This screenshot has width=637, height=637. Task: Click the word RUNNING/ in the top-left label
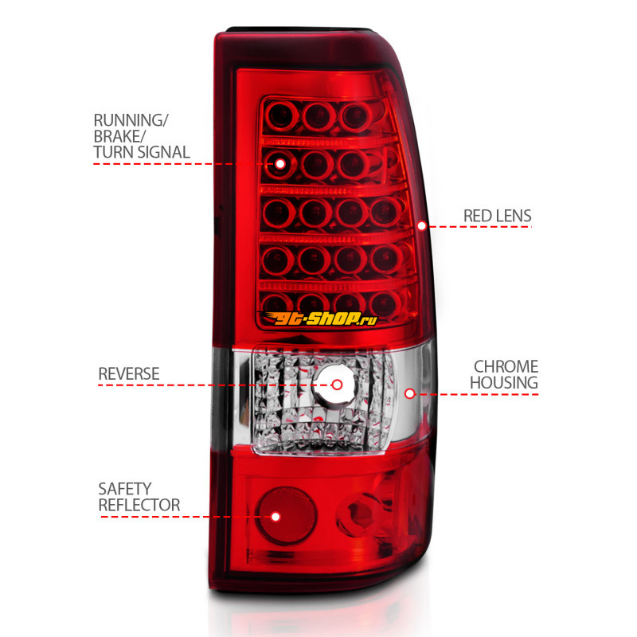click(x=131, y=121)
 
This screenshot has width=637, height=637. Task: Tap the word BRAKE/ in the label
click(x=119, y=136)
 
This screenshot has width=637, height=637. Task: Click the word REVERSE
click(x=129, y=373)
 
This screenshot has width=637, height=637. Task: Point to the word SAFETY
click(x=125, y=489)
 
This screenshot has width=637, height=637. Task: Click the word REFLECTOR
click(x=139, y=505)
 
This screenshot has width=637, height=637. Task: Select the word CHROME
click(x=506, y=366)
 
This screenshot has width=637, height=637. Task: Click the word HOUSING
click(x=504, y=383)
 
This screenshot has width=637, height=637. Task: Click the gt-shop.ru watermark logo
click(x=318, y=318)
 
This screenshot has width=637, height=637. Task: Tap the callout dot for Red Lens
click(x=422, y=226)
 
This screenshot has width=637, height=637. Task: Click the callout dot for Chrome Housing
click(x=410, y=393)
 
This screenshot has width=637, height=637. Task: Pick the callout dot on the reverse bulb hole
click(x=337, y=385)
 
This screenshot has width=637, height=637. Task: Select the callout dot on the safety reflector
click(x=276, y=517)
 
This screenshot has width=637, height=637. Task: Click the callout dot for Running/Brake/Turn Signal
click(x=280, y=164)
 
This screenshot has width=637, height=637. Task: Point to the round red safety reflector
click(x=287, y=516)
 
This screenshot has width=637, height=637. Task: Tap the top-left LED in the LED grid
click(x=281, y=116)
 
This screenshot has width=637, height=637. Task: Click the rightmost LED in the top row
click(x=356, y=117)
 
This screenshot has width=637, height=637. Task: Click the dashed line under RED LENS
click(x=479, y=227)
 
